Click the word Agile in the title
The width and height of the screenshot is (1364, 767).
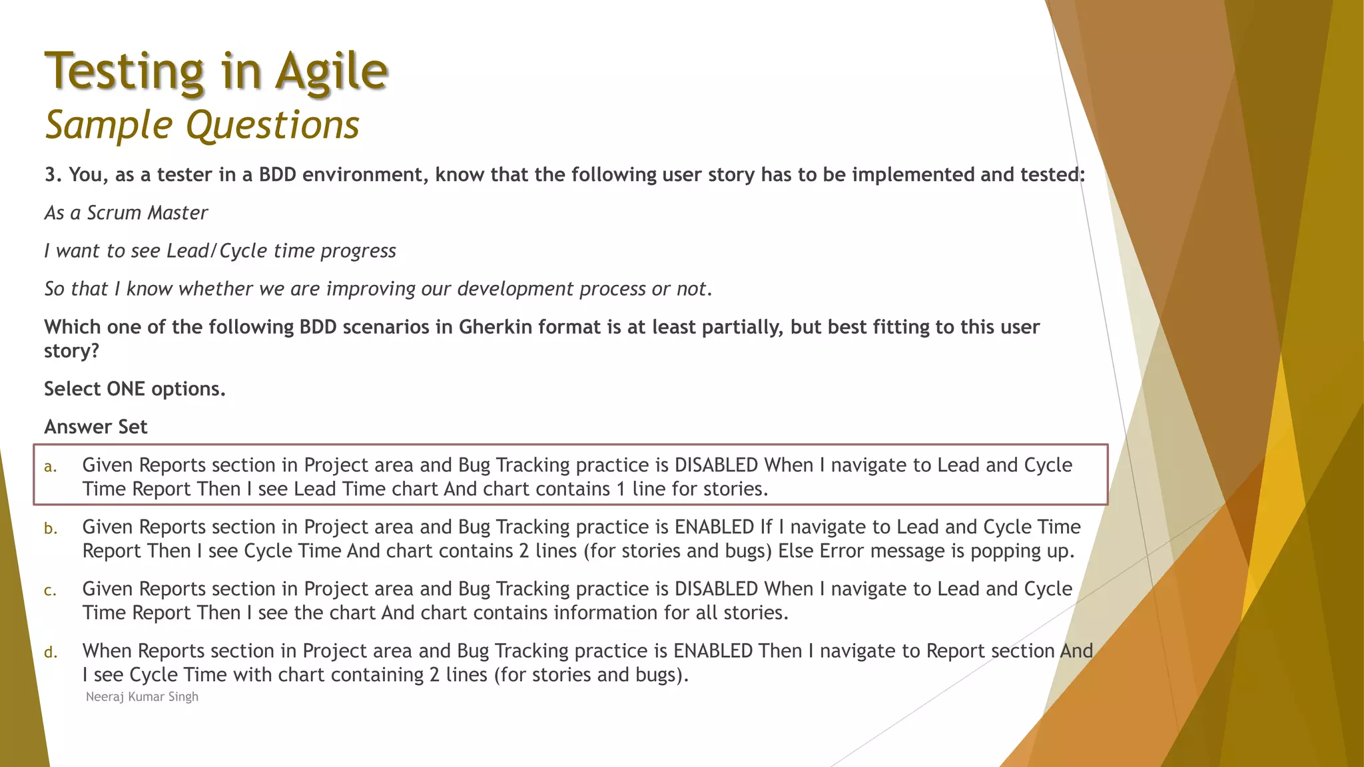click(331, 72)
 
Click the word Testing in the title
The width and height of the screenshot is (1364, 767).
click(125, 72)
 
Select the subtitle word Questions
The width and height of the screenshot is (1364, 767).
click(272, 125)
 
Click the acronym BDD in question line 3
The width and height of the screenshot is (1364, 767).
click(278, 175)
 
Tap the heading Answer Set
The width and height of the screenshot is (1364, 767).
click(96, 427)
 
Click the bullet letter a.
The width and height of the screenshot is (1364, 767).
click(50, 467)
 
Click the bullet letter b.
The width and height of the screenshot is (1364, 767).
click(50, 529)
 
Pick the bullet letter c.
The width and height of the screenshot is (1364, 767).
click(50, 591)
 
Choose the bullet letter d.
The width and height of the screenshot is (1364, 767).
click(50, 652)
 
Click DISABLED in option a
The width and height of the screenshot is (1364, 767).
click(716, 465)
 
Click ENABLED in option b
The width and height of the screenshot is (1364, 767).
click(714, 527)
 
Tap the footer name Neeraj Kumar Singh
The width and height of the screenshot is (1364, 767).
click(142, 697)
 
